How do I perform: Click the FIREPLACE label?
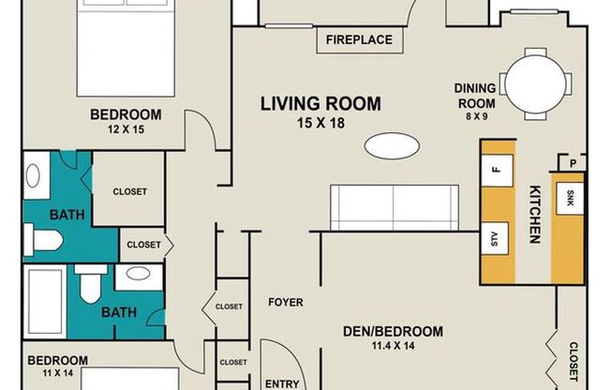[359, 39]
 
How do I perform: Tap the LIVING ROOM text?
[320, 104]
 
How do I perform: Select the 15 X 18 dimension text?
[320, 123]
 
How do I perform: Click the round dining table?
[535, 83]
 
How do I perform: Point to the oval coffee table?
[392, 146]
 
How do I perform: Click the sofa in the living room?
[395, 208]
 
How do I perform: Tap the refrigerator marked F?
[497, 171]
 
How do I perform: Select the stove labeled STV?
[495, 238]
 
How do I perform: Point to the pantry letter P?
[573, 164]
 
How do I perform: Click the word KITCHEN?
[535, 214]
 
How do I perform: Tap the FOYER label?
[286, 302]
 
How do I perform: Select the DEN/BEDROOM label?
[393, 332]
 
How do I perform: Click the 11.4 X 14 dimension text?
[393, 346]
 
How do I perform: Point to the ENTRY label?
[282, 383]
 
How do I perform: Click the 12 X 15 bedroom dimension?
[126, 129]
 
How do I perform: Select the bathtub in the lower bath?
[45, 302]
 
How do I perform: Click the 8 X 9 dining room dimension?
[476, 116]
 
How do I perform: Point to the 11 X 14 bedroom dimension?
[58, 373]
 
